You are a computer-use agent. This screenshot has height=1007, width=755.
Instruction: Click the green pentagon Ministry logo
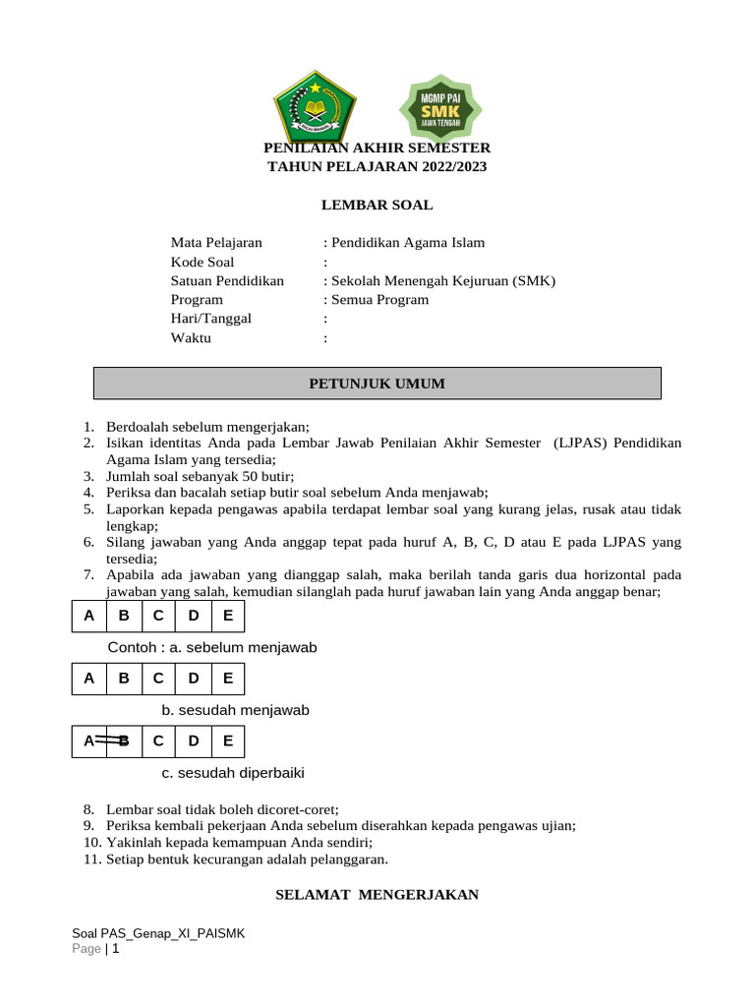pyautogui.click(x=315, y=105)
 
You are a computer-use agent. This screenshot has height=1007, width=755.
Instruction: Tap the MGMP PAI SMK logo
pyautogui.click(x=439, y=107)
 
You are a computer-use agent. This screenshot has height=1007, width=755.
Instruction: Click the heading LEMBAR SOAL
pyautogui.click(x=377, y=206)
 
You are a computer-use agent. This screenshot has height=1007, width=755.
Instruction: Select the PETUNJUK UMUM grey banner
pyautogui.click(x=377, y=384)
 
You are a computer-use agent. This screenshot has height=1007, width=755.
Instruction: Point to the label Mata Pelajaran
pyautogui.click(x=216, y=243)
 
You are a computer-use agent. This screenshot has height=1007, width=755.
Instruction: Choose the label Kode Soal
pyautogui.click(x=203, y=262)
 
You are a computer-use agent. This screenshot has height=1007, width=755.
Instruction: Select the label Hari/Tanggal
pyautogui.click(x=211, y=319)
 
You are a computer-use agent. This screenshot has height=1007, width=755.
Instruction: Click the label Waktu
pyautogui.click(x=191, y=338)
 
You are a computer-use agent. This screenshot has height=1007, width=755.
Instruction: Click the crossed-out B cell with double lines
pyautogui.click(x=123, y=741)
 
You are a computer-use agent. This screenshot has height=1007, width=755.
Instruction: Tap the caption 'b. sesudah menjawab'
pyautogui.click(x=235, y=710)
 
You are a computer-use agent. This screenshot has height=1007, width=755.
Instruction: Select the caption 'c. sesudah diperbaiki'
pyautogui.click(x=233, y=773)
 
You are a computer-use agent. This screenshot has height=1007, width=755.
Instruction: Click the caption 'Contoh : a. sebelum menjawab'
pyautogui.click(x=212, y=647)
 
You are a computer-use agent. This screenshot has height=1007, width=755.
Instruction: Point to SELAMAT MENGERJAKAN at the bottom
pyautogui.click(x=377, y=895)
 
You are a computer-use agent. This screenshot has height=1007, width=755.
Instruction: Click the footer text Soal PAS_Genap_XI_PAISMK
pyautogui.click(x=158, y=933)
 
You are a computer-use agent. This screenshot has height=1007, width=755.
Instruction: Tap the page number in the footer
pyautogui.click(x=115, y=949)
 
